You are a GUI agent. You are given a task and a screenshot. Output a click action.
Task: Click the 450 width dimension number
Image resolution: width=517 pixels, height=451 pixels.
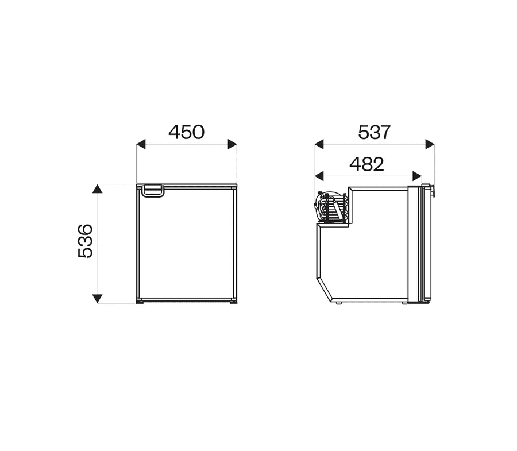point(186,132)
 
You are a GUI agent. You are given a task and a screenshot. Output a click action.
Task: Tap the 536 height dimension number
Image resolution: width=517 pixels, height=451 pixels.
point(85,241)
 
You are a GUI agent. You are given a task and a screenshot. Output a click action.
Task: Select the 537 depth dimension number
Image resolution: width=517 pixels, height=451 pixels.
point(374,132)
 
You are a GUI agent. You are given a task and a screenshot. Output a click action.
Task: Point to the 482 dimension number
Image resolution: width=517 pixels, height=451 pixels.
point(366,164)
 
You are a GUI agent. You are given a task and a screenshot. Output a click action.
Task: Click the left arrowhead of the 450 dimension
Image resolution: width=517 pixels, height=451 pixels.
point(141,144)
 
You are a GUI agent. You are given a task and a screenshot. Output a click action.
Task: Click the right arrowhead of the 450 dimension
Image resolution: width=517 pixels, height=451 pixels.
point(233,144)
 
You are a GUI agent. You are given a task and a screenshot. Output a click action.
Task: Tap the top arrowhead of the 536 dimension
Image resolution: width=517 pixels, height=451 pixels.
point(97,188)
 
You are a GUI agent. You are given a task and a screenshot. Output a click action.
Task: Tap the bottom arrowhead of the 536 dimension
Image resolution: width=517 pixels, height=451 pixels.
point(97,298)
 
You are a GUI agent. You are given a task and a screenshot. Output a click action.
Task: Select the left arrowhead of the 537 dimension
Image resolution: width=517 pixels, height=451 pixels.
point(319,144)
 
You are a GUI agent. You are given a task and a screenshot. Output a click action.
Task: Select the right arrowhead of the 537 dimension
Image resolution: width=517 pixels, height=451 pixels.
point(430,144)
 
